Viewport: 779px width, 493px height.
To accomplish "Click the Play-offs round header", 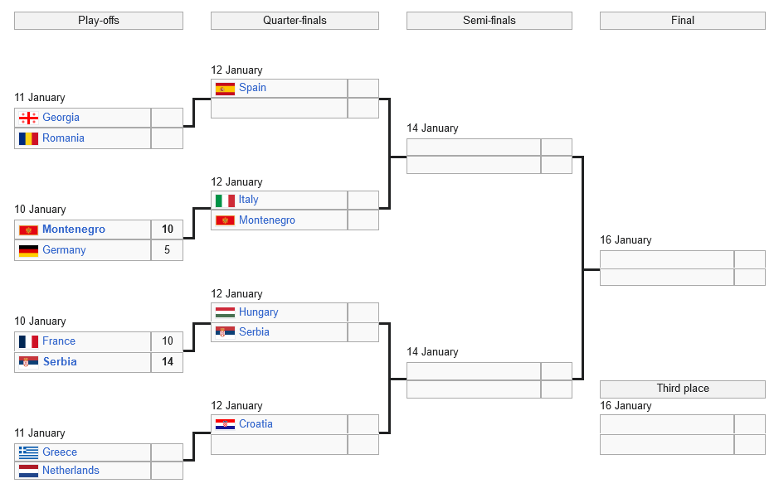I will [x=99, y=21].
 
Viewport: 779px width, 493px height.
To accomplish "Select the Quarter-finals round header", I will [x=295, y=21].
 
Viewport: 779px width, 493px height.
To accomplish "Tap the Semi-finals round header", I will [x=489, y=21].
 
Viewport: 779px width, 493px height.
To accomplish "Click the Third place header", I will [x=682, y=389].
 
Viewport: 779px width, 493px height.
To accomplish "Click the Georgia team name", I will [x=61, y=118].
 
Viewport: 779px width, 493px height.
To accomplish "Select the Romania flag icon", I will [x=28, y=138].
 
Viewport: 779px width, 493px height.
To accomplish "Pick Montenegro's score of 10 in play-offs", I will [x=167, y=230].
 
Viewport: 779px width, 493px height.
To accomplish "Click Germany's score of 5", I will [x=167, y=250].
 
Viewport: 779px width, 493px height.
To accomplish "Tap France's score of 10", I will [x=167, y=341].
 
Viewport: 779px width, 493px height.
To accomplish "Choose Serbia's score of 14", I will [x=167, y=362].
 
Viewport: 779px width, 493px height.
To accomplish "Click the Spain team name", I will [x=252, y=88].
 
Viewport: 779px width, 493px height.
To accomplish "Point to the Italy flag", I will [x=225, y=200].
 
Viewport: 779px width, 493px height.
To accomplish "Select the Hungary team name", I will [x=258, y=312].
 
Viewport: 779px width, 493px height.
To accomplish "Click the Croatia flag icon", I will [x=225, y=424].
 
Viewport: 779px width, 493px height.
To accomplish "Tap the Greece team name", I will [x=60, y=452].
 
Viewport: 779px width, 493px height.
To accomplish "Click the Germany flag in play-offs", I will [x=28, y=250].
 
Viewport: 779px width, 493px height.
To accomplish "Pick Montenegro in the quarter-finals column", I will [x=266, y=220].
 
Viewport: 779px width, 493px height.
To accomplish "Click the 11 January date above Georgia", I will [x=40, y=98].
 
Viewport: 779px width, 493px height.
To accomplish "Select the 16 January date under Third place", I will [x=626, y=406].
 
